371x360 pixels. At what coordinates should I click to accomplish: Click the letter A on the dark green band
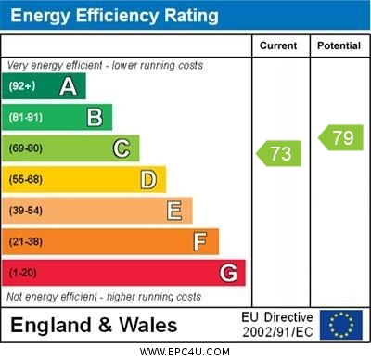pos(68,86)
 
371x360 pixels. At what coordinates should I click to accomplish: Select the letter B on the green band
pos(95,118)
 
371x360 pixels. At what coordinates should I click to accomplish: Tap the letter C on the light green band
pos(122,148)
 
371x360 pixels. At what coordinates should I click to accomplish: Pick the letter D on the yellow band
pos(148,180)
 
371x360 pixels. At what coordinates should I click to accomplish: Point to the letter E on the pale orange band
pos(174,211)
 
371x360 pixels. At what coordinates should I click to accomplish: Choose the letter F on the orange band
pos(200,242)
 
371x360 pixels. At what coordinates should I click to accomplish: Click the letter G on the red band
pos(228,273)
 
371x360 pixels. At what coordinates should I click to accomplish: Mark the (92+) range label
pos(22,87)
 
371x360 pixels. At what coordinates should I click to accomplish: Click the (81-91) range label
pos(26,118)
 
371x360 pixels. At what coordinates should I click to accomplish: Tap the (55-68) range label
pos(26,180)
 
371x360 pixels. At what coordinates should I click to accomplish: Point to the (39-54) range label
pos(26,212)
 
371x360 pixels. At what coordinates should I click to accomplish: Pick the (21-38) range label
pos(26,242)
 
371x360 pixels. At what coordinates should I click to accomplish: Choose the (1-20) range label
pos(23,274)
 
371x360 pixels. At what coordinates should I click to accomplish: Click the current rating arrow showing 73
pos(279,153)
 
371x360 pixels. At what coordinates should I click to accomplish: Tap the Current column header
pos(278,45)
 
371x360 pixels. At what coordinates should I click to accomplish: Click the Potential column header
pos(339,45)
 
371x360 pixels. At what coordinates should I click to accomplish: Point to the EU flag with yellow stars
pos(341,325)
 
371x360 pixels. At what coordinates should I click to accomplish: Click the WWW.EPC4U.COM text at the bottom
pos(185,353)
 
